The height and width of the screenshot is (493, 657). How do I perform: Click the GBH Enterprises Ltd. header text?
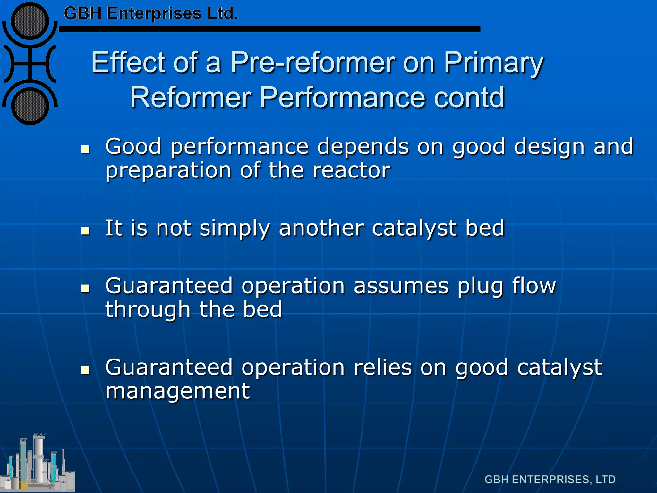coord(151,14)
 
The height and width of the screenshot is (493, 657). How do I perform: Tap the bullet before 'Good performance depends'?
coord(85,149)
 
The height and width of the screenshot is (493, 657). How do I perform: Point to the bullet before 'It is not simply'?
coord(85,230)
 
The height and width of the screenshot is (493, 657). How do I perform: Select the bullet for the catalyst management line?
coord(85,370)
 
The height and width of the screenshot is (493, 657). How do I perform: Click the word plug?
coord(480,287)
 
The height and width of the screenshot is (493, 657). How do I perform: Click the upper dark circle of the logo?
coord(30,21)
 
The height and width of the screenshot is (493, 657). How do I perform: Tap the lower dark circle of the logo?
coord(30,106)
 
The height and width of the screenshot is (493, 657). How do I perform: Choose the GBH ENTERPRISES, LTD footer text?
coord(550,479)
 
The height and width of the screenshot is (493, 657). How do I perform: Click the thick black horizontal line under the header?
coord(269,29)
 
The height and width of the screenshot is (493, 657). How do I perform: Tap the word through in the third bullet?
coord(148,310)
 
